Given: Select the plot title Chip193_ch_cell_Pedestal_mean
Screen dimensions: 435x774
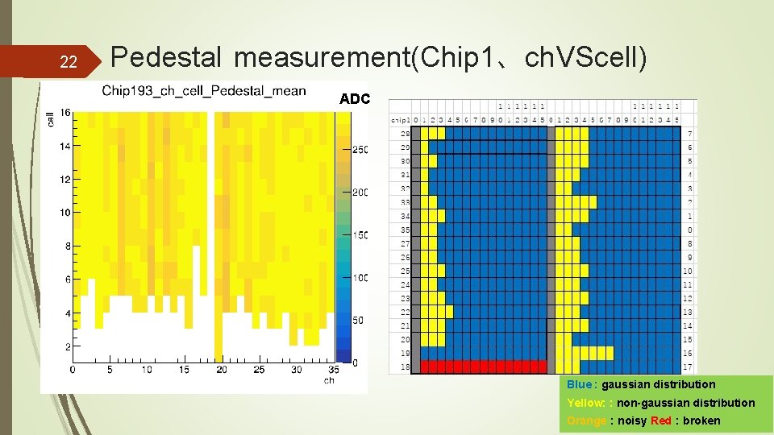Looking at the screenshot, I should (x=204, y=89).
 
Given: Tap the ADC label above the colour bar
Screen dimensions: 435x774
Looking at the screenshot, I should (x=355, y=99).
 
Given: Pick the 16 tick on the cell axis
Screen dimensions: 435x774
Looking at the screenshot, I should (x=64, y=112).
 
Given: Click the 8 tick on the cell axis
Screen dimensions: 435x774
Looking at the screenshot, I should (x=68, y=246).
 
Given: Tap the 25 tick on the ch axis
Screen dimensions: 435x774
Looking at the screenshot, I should (x=258, y=370).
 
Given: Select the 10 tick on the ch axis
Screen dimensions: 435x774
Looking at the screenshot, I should (x=146, y=370).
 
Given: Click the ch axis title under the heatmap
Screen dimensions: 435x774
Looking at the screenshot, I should (x=329, y=380).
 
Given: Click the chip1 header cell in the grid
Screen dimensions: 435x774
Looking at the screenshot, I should (x=402, y=119).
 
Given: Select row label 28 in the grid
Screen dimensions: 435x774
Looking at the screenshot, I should (x=405, y=132).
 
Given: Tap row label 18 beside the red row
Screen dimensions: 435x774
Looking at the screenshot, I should (x=405, y=367).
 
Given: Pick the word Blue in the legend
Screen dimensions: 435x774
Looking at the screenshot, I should (x=579, y=385).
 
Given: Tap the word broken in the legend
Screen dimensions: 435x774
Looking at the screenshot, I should (x=701, y=420).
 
